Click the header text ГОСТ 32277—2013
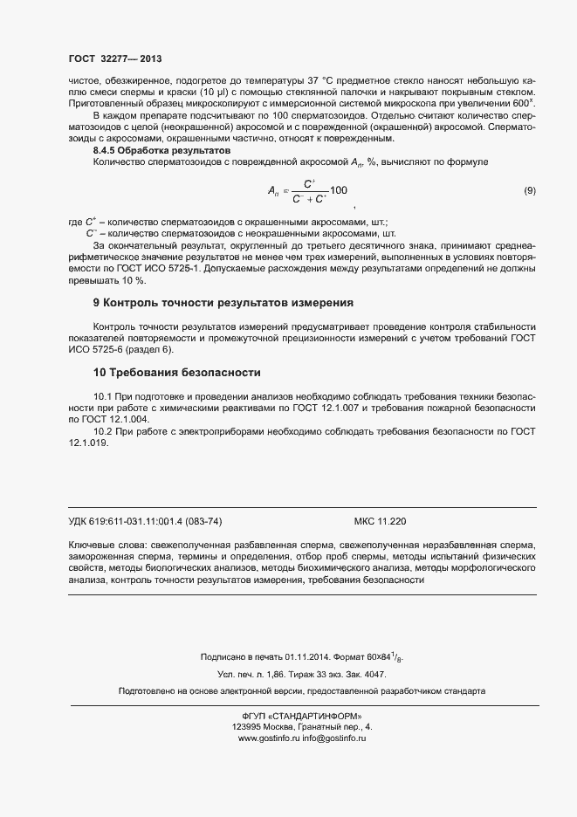(x=115, y=58)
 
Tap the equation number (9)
(x=529, y=190)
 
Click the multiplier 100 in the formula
(x=339, y=190)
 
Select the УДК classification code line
(x=145, y=521)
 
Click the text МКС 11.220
(x=380, y=521)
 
